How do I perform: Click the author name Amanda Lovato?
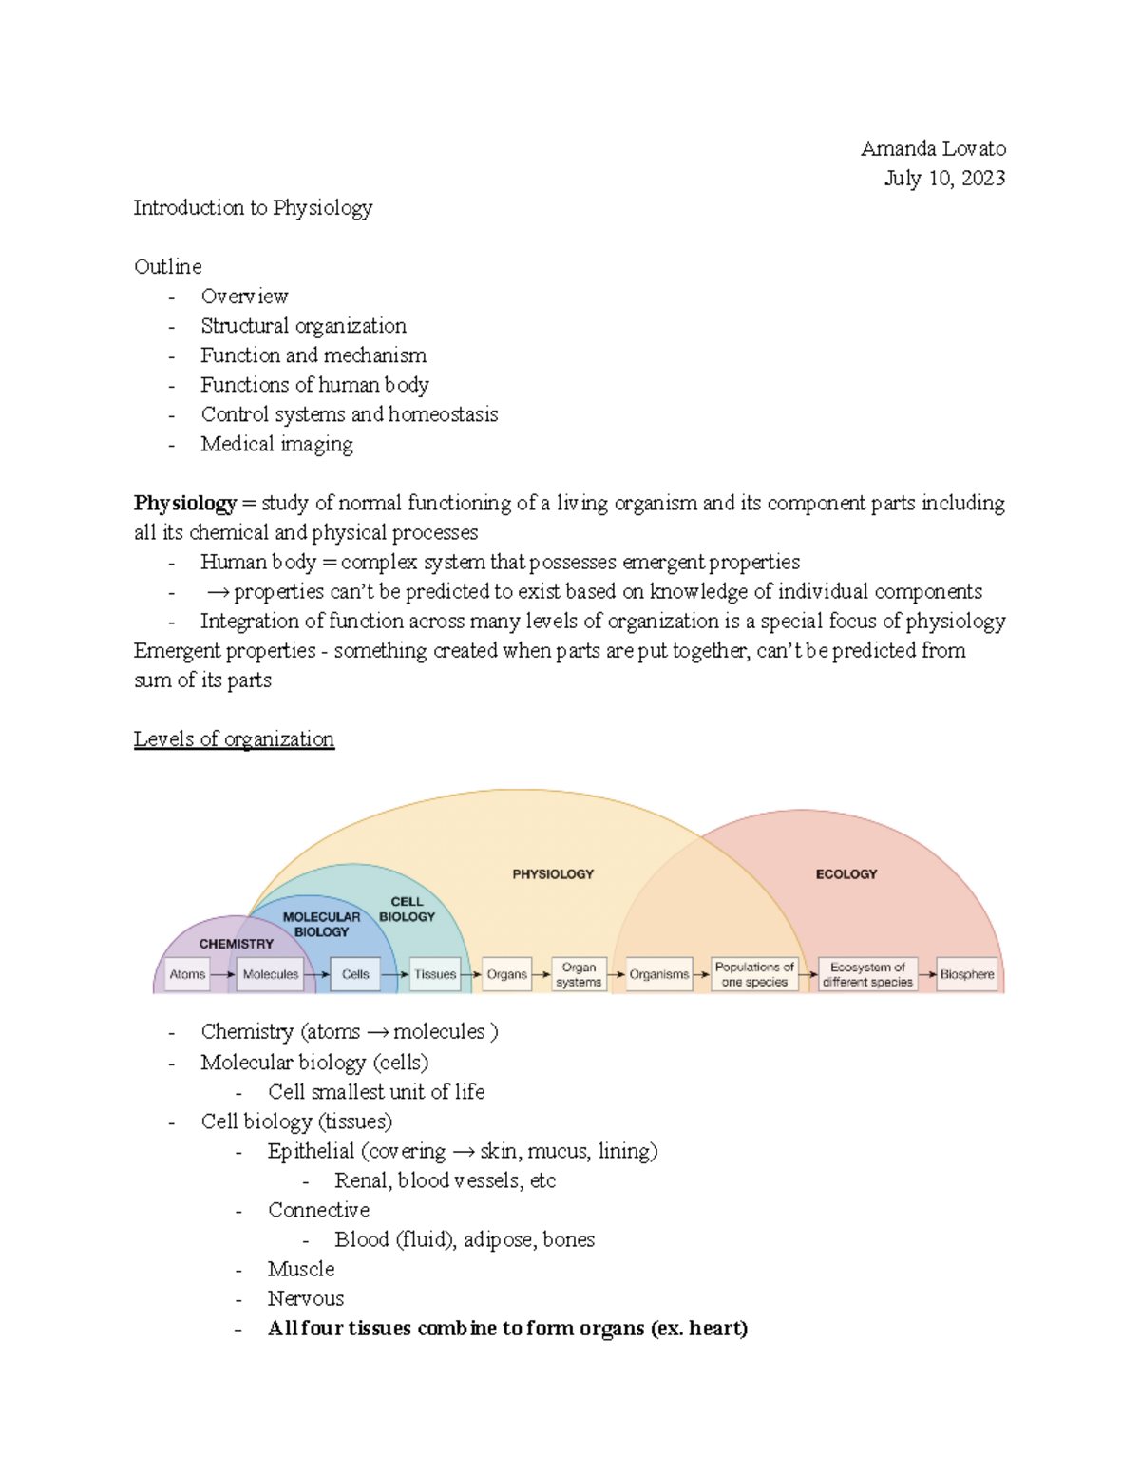933,148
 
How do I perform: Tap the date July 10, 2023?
944,178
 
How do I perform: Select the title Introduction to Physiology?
253,207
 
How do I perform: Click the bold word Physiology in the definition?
185,503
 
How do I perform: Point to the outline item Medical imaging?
276,444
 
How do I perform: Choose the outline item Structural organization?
303,326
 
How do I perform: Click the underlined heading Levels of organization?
234,738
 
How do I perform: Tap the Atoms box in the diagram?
187,974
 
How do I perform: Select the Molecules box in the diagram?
270,974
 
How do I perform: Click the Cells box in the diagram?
355,974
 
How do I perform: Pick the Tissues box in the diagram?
435,974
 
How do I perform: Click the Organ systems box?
579,974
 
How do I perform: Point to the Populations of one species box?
754,974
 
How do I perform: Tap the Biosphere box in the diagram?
967,974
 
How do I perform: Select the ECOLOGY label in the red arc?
846,873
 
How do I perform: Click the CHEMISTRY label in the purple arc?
237,944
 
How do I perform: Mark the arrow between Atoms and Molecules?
223,974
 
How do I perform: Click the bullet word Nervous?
306,1298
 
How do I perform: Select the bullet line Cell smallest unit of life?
376,1092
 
